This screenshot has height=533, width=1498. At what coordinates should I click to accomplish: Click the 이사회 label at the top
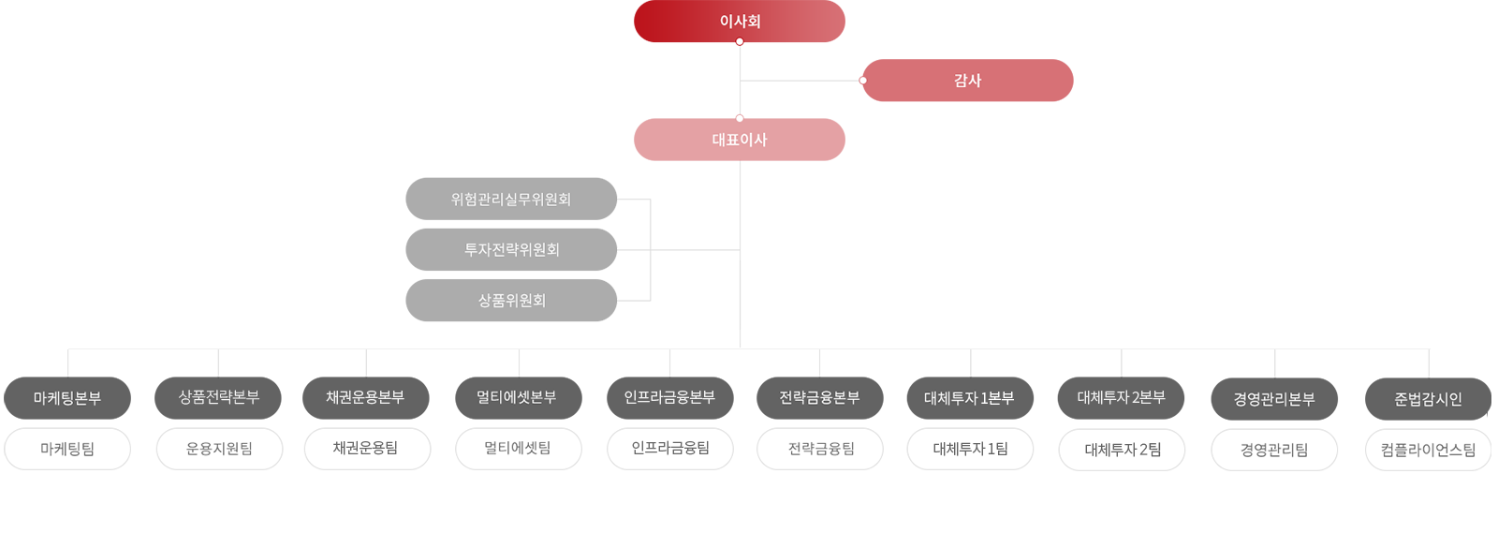click(x=740, y=21)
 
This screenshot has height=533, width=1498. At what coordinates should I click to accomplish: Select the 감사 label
click(x=967, y=81)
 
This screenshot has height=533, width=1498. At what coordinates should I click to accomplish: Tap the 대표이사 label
click(x=740, y=140)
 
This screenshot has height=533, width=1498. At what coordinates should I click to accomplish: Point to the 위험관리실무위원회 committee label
click(x=511, y=200)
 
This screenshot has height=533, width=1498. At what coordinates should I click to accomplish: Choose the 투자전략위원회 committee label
click(x=512, y=250)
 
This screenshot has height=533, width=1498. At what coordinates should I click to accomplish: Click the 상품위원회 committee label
click(x=512, y=301)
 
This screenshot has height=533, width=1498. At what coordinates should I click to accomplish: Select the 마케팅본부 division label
click(x=67, y=398)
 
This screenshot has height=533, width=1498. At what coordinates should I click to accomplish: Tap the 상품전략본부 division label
click(x=219, y=397)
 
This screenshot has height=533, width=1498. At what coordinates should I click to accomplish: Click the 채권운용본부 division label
click(x=365, y=397)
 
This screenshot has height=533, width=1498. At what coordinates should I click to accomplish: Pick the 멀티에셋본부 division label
click(x=516, y=397)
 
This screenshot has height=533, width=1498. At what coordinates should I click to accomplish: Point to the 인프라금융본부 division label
click(x=669, y=397)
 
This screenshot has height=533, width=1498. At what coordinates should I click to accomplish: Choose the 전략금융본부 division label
click(x=819, y=397)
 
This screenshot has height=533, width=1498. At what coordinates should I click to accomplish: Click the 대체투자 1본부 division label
click(x=969, y=398)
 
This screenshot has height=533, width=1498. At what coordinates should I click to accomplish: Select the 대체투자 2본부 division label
click(x=1122, y=397)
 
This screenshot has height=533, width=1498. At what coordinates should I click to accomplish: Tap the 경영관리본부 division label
click(x=1274, y=399)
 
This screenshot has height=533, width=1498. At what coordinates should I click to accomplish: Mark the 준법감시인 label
click(x=1428, y=399)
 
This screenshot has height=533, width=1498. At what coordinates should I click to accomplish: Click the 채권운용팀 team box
click(x=365, y=449)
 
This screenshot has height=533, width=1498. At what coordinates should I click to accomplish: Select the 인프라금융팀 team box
click(x=669, y=448)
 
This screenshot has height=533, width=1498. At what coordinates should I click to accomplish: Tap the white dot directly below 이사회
click(x=740, y=42)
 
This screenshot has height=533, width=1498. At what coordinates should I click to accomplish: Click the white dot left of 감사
click(x=862, y=81)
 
